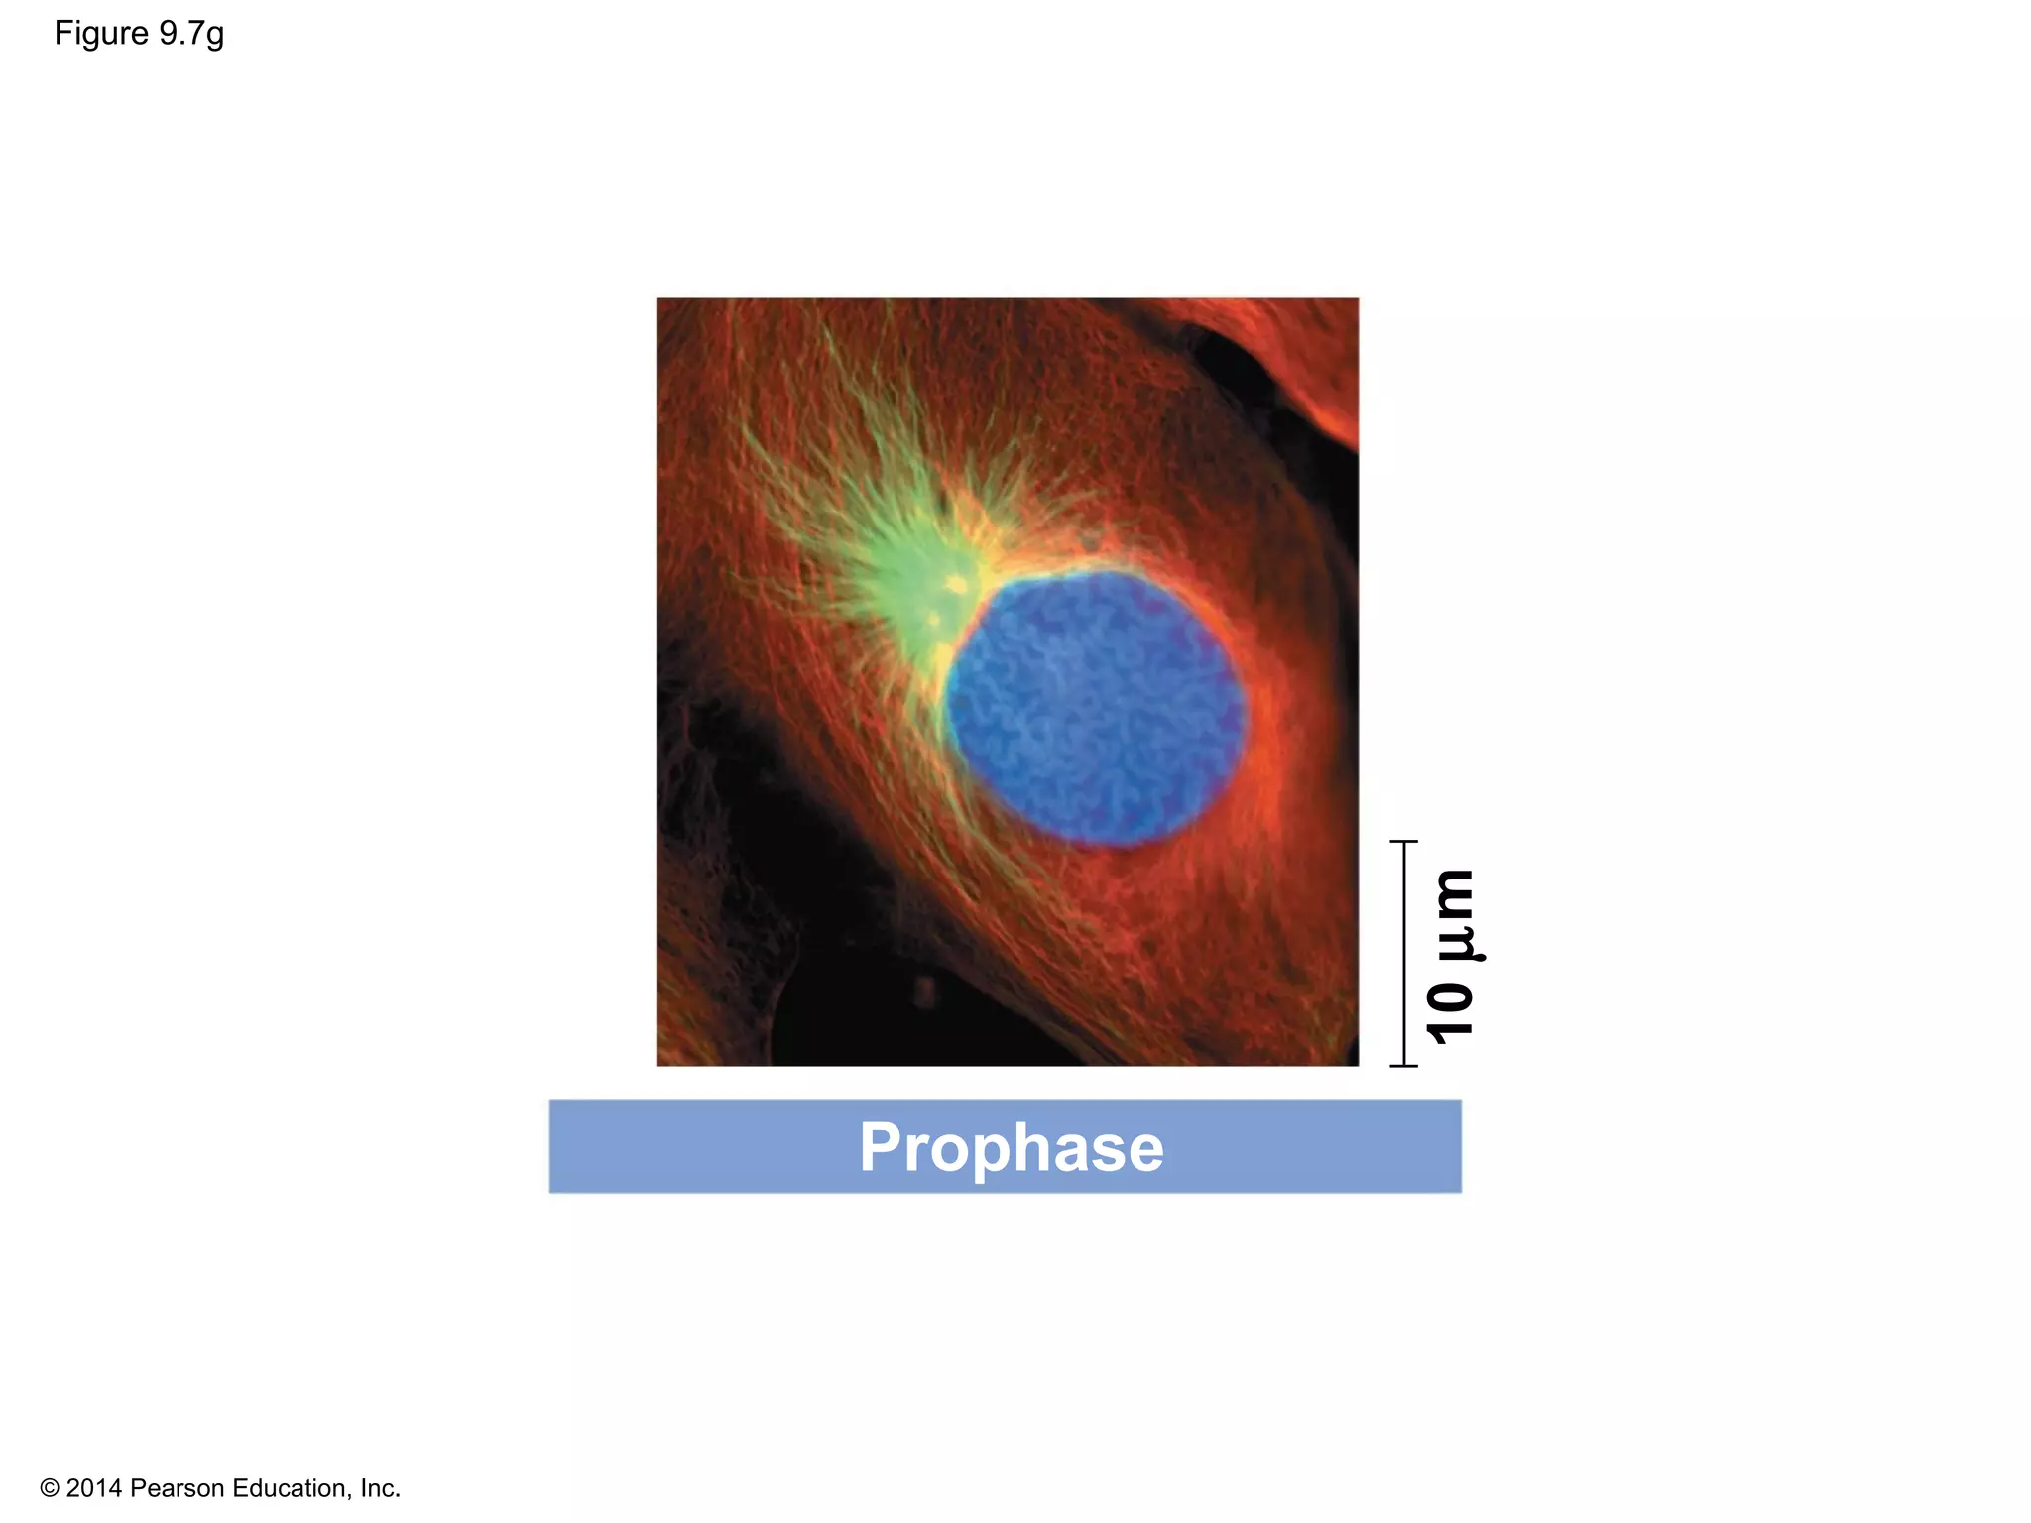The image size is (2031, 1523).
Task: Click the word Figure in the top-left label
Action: point(101,34)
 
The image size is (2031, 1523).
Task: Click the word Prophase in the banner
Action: point(1011,1147)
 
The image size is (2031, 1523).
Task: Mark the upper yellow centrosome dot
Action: point(958,585)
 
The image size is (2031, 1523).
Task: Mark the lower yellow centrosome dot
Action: point(934,622)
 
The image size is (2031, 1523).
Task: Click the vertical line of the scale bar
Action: point(1404,952)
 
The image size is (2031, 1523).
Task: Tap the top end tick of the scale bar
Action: point(1404,842)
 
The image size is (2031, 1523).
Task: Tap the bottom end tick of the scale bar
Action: point(1404,1066)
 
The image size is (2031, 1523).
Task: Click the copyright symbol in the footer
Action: point(50,1488)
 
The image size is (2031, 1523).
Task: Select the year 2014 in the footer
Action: point(94,1488)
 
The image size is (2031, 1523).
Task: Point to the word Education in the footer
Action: point(288,1488)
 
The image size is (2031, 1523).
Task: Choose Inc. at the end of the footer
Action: point(380,1488)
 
